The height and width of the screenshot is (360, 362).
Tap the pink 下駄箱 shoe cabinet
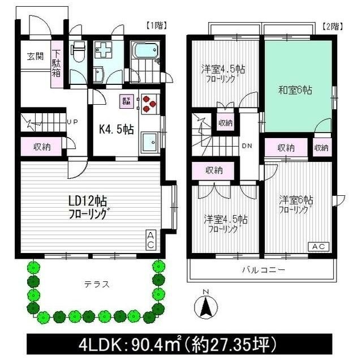(57, 65)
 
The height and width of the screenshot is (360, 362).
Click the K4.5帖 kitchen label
(117, 128)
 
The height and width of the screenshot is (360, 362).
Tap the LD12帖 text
(84, 201)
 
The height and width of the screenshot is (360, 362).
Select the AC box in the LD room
(151, 240)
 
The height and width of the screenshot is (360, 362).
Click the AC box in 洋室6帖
(318, 247)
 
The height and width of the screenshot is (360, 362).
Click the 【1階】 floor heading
(156, 25)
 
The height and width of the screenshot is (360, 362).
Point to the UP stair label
(73, 121)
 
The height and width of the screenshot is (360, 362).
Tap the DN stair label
(247, 145)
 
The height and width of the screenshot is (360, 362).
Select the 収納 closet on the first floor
(41, 147)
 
